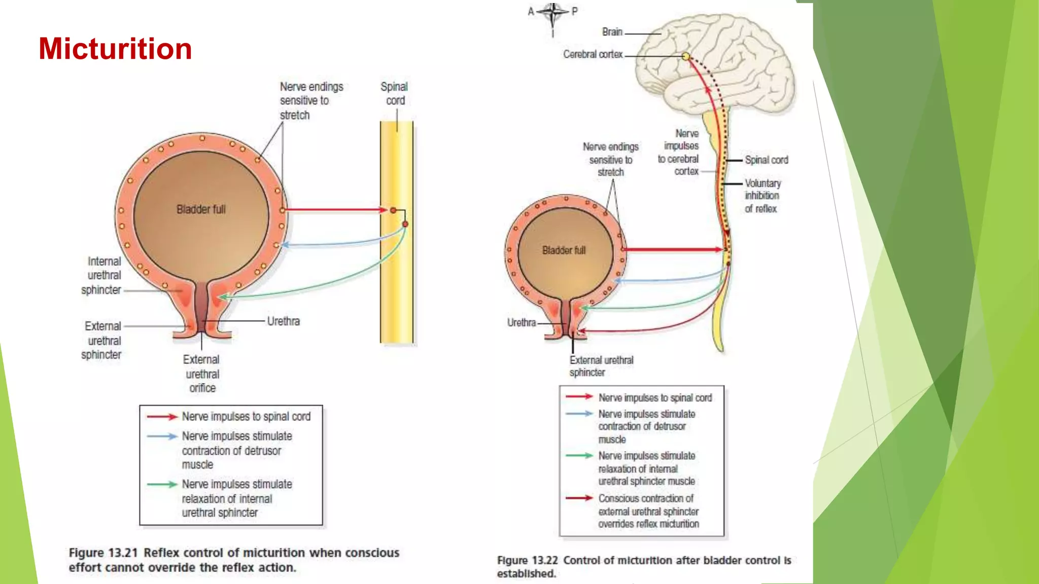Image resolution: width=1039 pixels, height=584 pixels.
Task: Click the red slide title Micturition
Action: coord(115,49)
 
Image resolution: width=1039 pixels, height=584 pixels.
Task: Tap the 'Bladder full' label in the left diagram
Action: coord(201,209)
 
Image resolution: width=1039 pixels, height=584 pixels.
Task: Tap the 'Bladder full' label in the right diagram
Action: coord(564,250)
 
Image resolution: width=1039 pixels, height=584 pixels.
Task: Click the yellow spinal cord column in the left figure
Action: coord(396,284)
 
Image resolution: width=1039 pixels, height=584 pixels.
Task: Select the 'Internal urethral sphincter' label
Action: coord(103,276)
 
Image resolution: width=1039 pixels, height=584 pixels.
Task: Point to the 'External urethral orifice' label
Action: coord(201,374)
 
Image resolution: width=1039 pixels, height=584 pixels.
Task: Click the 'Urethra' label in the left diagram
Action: coord(283,321)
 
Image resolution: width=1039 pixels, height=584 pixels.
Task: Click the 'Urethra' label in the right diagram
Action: coord(521,323)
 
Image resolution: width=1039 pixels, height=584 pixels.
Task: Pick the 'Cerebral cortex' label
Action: coord(593,54)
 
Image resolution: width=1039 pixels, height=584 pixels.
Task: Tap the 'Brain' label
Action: coord(612,32)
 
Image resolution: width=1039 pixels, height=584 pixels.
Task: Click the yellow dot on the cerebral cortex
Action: coord(685,56)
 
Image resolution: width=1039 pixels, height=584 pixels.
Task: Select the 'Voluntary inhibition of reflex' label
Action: coord(762,196)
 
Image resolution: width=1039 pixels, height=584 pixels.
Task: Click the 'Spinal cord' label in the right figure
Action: coord(766,160)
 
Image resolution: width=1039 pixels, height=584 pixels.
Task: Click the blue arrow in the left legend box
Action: coord(162,436)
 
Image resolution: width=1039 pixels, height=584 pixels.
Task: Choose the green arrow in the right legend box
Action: coord(579,456)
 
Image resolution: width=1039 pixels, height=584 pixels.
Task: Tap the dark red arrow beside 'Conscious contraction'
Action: coord(579,498)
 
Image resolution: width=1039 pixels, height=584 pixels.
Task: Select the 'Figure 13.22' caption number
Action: coord(527,561)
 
